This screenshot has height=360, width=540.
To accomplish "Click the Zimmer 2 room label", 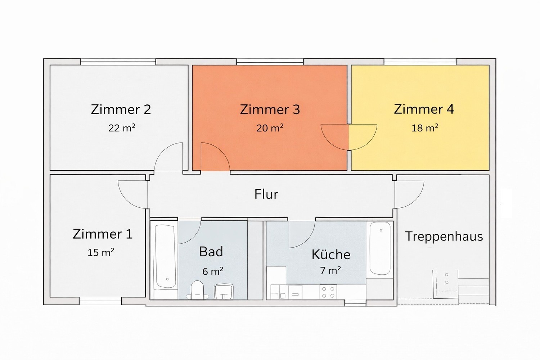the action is (121, 109).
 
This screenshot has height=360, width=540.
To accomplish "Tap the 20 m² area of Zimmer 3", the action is (270, 128).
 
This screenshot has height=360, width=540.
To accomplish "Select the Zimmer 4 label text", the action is (424, 109).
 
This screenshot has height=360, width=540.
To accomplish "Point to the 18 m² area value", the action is (424, 128).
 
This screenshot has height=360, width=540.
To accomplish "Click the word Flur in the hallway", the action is (266, 194).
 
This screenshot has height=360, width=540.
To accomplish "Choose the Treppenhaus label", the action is (444, 236).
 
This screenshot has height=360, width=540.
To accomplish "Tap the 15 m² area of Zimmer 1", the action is (100, 252).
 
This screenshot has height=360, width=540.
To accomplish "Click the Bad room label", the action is (211, 252).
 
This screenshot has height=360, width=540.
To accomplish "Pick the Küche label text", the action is (331, 255).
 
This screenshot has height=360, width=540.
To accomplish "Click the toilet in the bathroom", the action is (197, 290).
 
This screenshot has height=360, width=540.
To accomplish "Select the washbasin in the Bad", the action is (224, 291).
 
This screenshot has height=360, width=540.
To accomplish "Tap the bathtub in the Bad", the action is (165, 256).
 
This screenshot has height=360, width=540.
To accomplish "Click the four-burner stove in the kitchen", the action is (328, 292).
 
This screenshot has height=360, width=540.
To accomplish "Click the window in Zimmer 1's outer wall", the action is (100, 301).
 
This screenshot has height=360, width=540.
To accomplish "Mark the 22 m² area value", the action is (122, 128).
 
